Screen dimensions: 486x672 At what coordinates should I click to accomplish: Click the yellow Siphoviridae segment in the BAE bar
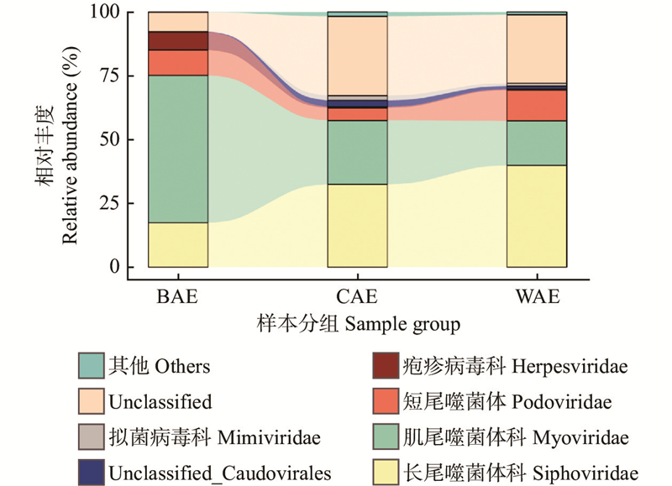(178, 244)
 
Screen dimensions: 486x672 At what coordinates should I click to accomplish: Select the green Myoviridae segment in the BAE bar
(178, 149)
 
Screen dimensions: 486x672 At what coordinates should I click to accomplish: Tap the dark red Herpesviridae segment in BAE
(178, 41)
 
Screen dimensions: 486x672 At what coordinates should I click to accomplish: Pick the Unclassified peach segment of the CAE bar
(357, 55)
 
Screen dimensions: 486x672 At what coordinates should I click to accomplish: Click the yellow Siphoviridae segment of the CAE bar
(357, 225)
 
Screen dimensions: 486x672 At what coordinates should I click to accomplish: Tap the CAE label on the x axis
(357, 296)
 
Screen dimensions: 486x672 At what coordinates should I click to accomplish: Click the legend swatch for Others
(90, 367)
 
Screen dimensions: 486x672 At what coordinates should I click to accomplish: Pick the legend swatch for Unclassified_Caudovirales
(90, 473)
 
